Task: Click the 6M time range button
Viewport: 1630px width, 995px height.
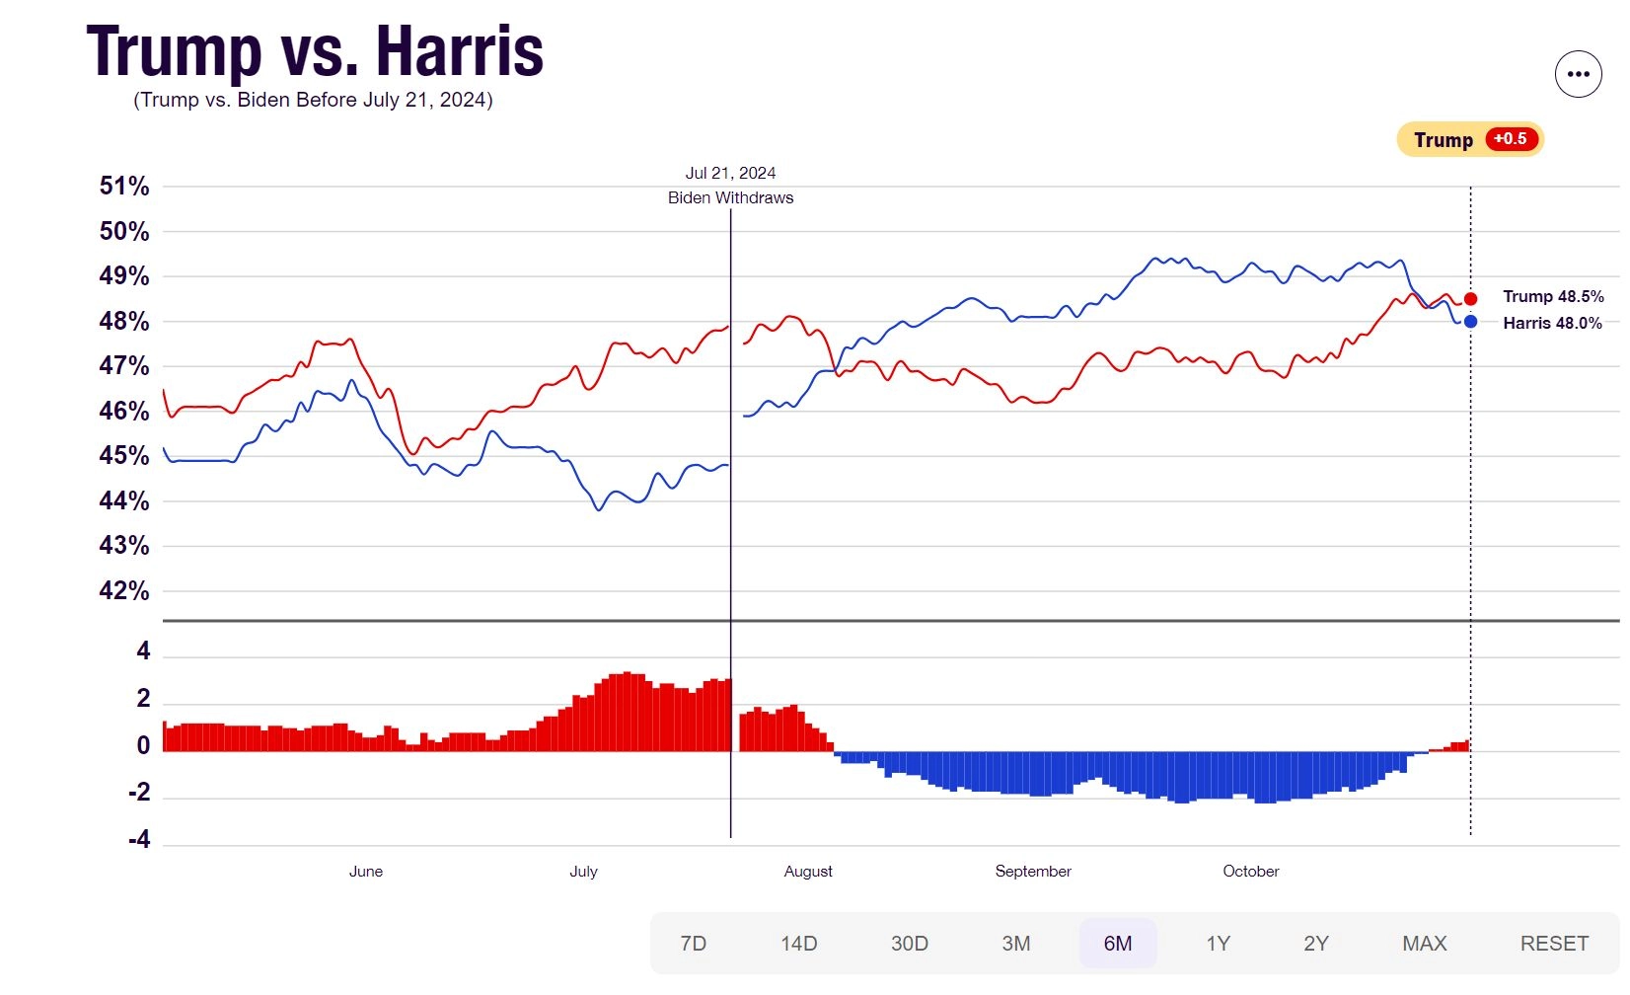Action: point(1118,944)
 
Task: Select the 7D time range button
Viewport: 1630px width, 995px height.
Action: point(693,944)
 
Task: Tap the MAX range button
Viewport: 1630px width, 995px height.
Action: point(1424,944)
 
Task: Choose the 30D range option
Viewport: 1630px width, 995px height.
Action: point(910,944)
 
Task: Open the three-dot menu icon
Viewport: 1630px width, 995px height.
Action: point(1579,73)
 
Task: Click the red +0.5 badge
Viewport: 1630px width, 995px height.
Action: point(1512,139)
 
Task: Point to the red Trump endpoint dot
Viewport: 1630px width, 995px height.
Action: point(1470,298)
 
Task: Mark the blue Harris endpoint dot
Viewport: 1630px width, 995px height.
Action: point(1470,322)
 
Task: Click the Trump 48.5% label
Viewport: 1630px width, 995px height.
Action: point(1553,296)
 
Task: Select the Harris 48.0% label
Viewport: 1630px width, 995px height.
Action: point(1553,323)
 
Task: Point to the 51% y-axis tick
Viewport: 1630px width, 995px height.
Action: point(123,187)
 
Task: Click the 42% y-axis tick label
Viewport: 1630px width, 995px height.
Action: point(123,590)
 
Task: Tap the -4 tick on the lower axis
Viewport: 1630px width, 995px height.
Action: point(139,839)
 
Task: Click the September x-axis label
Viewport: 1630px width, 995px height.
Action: point(1033,872)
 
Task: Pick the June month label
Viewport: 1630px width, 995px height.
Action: point(366,872)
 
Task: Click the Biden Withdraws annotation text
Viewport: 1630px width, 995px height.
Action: point(730,198)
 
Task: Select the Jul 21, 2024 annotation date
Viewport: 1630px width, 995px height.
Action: point(730,173)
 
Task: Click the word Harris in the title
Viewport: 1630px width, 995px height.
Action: point(460,51)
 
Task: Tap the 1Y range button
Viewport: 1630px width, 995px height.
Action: point(1219,944)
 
